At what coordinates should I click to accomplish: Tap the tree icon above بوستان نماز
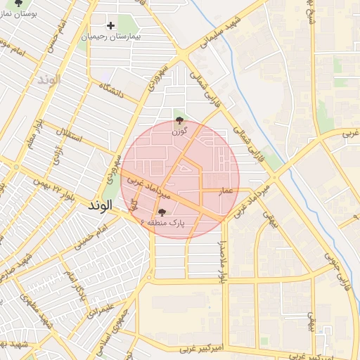19,4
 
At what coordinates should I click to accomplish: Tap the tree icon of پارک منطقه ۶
162,212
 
